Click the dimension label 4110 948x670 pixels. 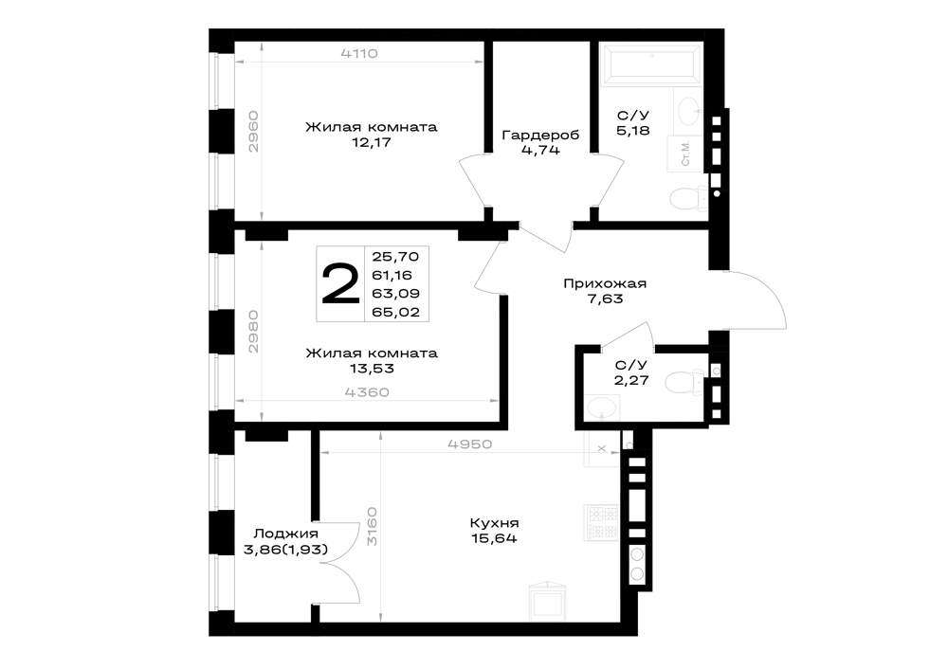pos(359,53)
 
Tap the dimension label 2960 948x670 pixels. pos(254,131)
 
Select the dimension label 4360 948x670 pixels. pos(366,392)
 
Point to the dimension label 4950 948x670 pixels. pos(470,444)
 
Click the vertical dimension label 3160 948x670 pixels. pos(372,526)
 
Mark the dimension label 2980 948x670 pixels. pos(254,332)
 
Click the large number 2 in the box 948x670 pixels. pos(340,284)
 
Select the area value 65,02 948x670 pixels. pos(396,312)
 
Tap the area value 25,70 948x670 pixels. pos(396,256)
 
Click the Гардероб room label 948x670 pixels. pos(540,135)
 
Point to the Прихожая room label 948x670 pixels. pos(605,283)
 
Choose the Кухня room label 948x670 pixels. pos(494,522)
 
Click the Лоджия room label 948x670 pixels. pos(285,534)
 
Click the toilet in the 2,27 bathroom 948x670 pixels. pos(685,382)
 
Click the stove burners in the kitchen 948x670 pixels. pos(602,522)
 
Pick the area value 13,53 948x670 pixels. pos(372,369)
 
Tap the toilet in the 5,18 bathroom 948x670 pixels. pos(689,199)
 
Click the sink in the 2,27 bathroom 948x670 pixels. pos(602,407)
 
